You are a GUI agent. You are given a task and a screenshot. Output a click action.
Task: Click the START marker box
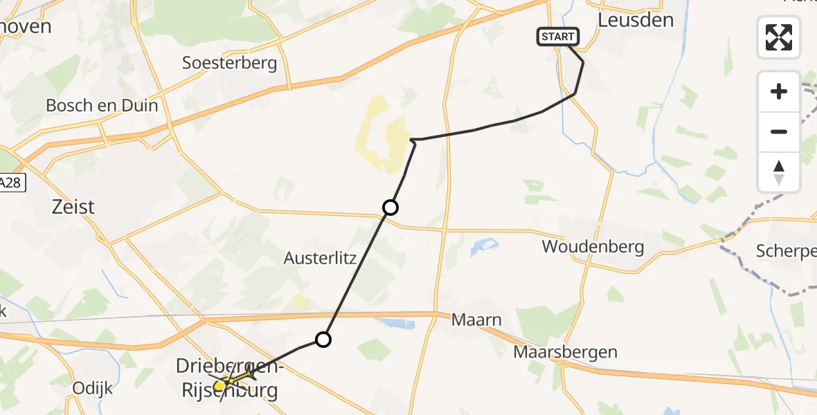(x=557, y=37)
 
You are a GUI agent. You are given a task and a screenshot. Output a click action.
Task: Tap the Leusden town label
(x=636, y=19)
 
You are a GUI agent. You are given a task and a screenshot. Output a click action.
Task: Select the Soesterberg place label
(x=229, y=64)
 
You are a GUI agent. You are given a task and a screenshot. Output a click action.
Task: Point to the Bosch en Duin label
(x=102, y=106)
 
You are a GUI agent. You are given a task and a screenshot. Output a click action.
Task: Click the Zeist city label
(x=73, y=206)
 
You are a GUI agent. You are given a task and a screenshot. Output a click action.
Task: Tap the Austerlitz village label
(x=320, y=259)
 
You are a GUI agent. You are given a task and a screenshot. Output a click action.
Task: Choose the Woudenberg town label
(x=593, y=246)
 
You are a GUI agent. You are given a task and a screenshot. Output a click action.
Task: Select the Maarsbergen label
(x=566, y=352)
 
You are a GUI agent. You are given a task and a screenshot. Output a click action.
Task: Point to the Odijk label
(x=93, y=388)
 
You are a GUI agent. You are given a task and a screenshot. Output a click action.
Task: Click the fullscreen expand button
(x=779, y=37)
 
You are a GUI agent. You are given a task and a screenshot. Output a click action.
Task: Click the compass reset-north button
(x=779, y=172)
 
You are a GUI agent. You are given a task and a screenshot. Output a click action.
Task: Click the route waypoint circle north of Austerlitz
(x=390, y=207)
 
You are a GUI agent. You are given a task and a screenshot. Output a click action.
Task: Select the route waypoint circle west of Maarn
(x=323, y=339)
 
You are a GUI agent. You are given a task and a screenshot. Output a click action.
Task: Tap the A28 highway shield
(x=11, y=183)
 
